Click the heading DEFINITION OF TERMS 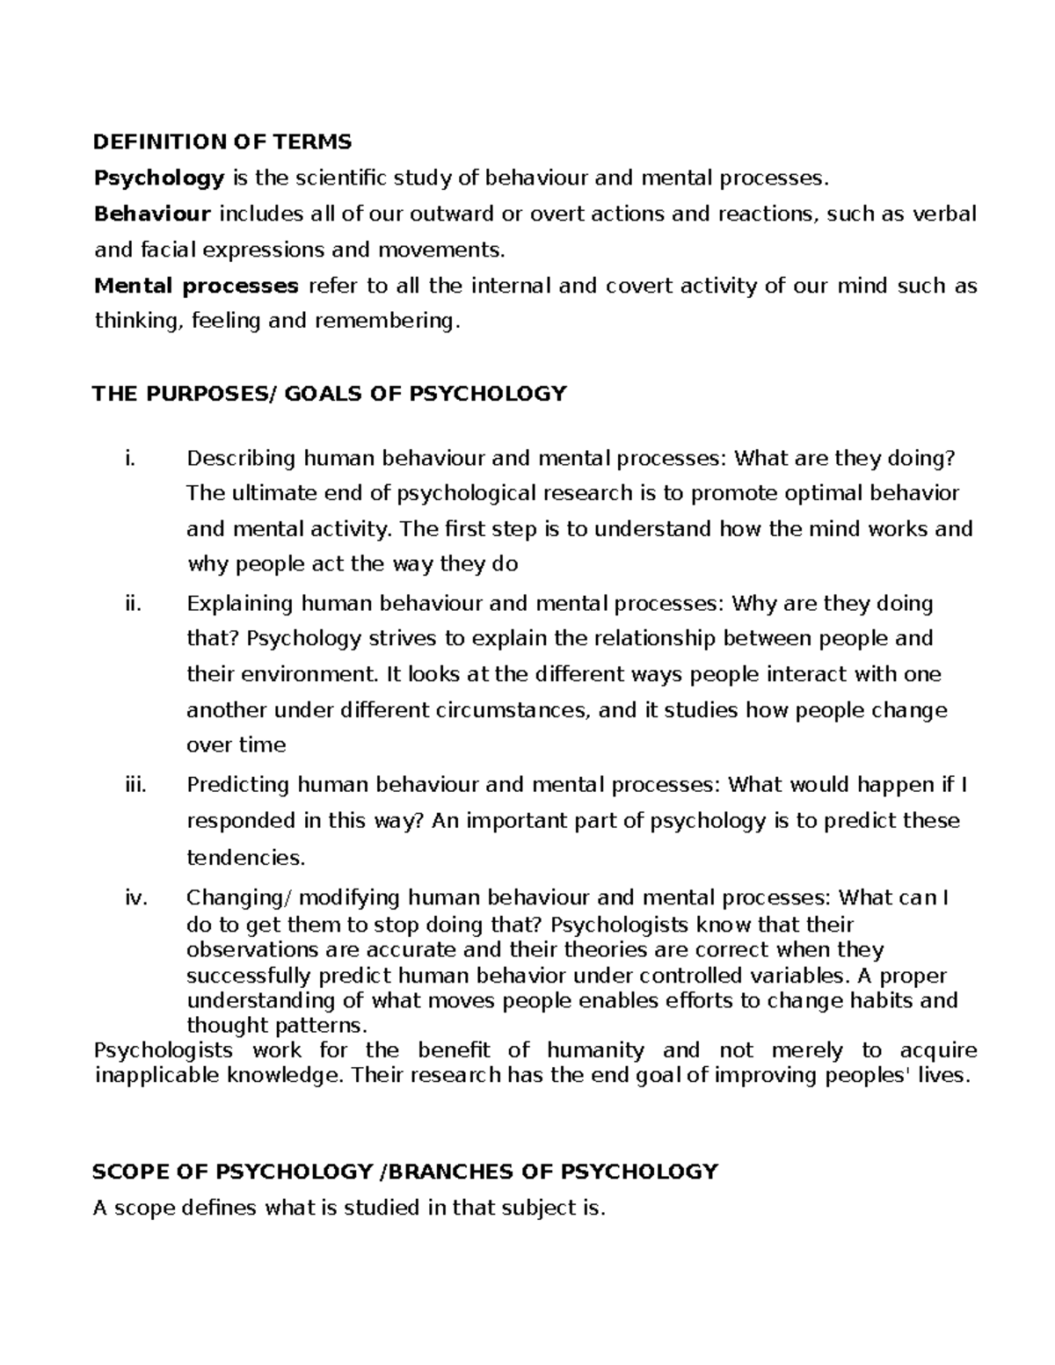point(222,142)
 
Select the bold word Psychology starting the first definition point(159,178)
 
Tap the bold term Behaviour point(152,214)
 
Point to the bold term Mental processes point(196,287)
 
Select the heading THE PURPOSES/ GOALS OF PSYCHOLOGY point(329,393)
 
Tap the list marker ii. point(133,604)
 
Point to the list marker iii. point(135,785)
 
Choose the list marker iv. point(135,898)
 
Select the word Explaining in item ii point(240,604)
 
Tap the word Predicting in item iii point(238,785)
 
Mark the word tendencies point(245,857)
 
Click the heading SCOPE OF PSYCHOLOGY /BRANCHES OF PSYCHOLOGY point(405,1172)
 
